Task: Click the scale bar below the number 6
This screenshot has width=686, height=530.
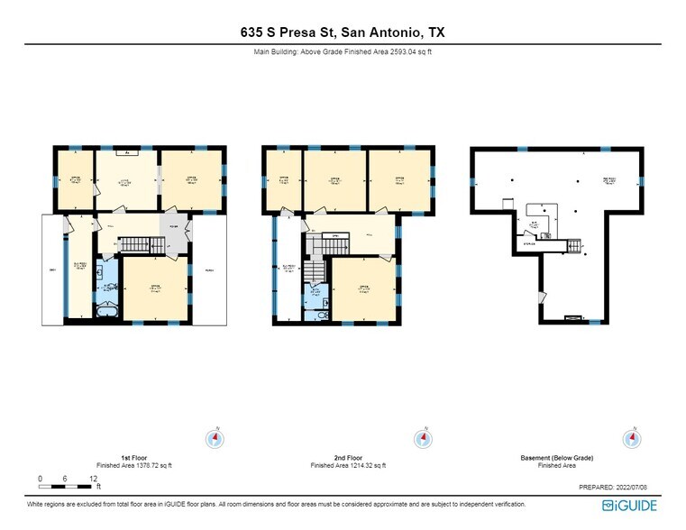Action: tap(67, 486)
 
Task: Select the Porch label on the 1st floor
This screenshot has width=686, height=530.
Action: tap(208, 270)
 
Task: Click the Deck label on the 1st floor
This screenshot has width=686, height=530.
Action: tap(51, 270)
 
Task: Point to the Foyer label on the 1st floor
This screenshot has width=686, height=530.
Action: tap(173, 225)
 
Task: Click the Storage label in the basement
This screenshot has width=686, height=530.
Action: tap(529, 242)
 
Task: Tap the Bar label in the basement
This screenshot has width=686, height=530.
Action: tap(535, 222)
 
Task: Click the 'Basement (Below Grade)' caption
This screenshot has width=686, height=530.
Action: tap(557, 458)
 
